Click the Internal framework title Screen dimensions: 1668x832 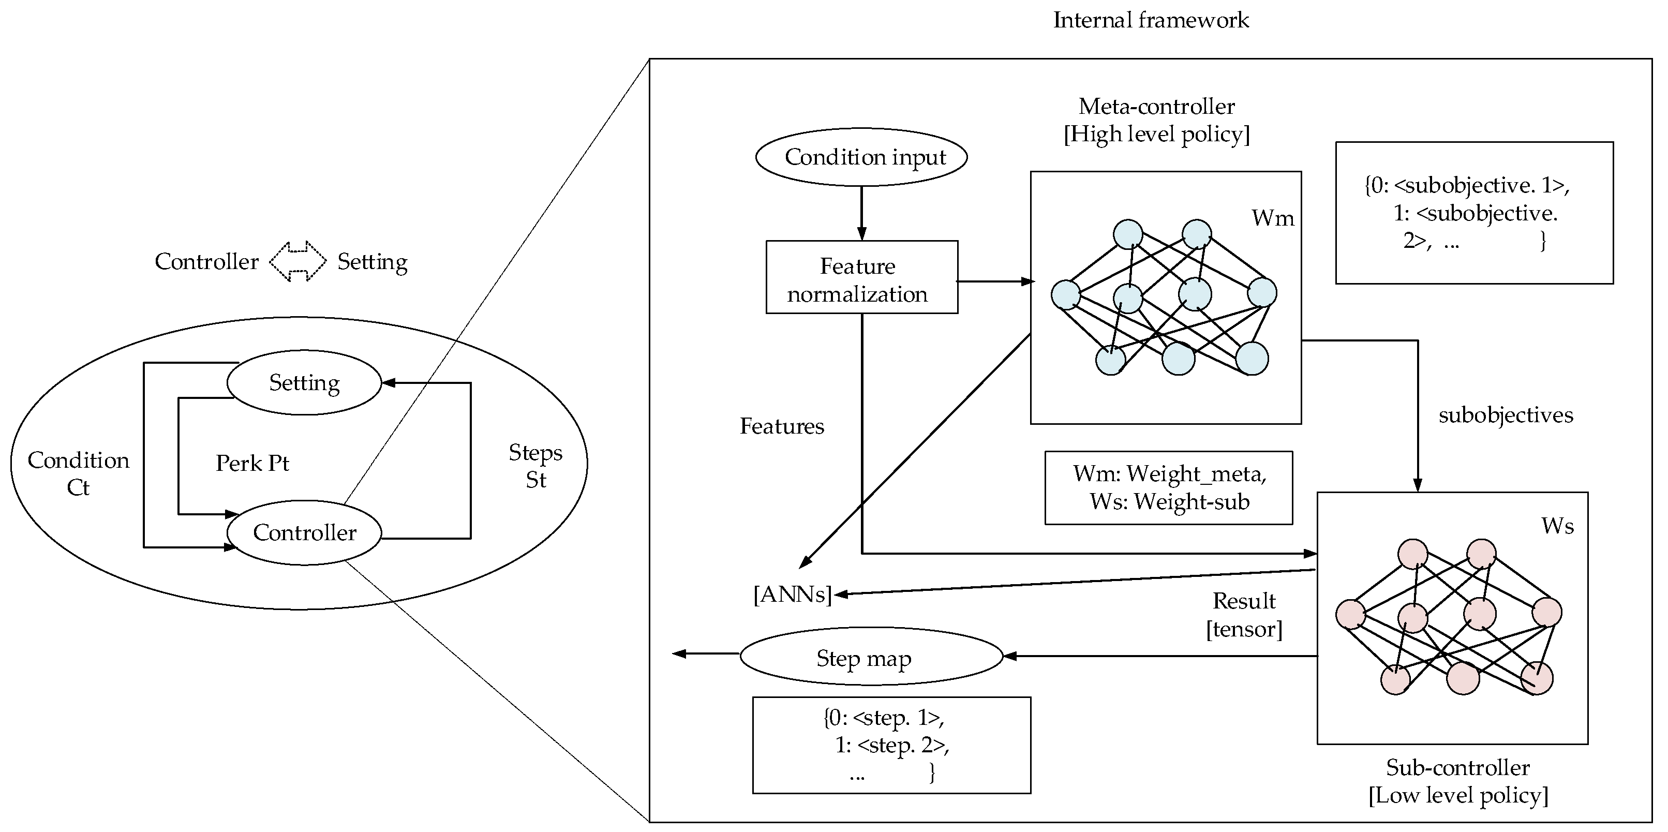coord(1151,20)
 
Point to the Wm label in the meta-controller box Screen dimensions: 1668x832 coord(1272,218)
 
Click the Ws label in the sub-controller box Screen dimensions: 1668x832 coord(1557,526)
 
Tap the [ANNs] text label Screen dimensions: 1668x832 coord(793,593)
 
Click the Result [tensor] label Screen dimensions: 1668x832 coord(1244,615)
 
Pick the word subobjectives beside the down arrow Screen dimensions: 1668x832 coord(1506,415)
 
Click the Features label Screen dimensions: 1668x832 coord(782,426)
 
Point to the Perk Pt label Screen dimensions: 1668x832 coord(252,463)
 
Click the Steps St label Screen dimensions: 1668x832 coord(535,466)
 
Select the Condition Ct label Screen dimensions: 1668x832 coord(78,473)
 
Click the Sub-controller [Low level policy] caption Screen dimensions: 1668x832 coord(1458,781)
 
